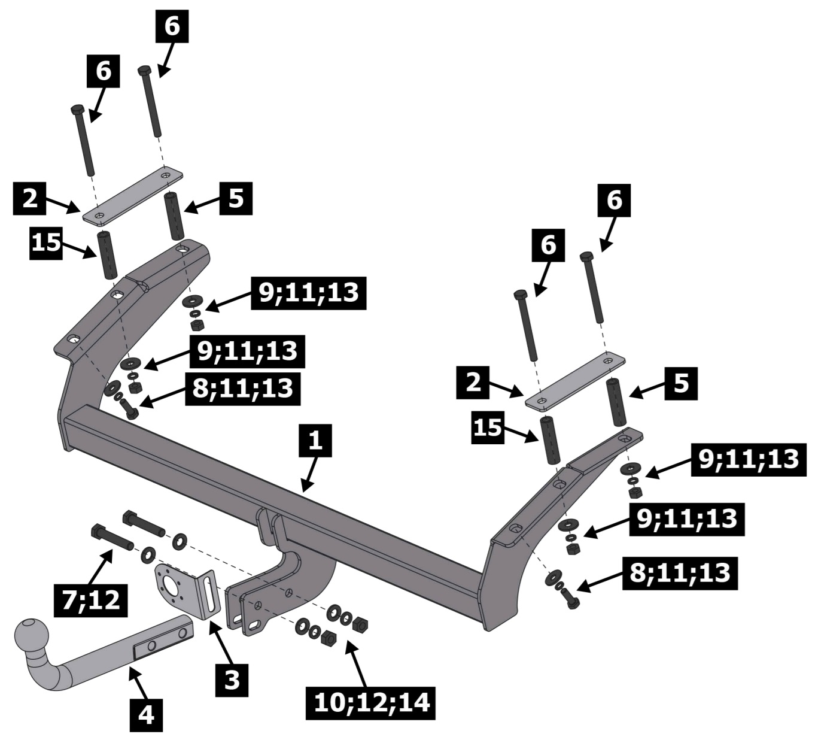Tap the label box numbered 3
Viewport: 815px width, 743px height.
click(x=232, y=680)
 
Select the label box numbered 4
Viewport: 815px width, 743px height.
click(x=146, y=714)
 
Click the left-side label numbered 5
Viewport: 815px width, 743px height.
click(x=236, y=198)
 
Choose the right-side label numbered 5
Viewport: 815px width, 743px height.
click(x=681, y=383)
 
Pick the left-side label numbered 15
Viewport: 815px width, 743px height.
click(x=47, y=242)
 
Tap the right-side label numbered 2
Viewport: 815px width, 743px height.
click(x=473, y=383)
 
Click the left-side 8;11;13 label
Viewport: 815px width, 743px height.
click(x=242, y=388)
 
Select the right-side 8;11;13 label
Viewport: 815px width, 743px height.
click(x=679, y=574)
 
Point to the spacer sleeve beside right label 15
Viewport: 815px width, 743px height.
click(x=551, y=440)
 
